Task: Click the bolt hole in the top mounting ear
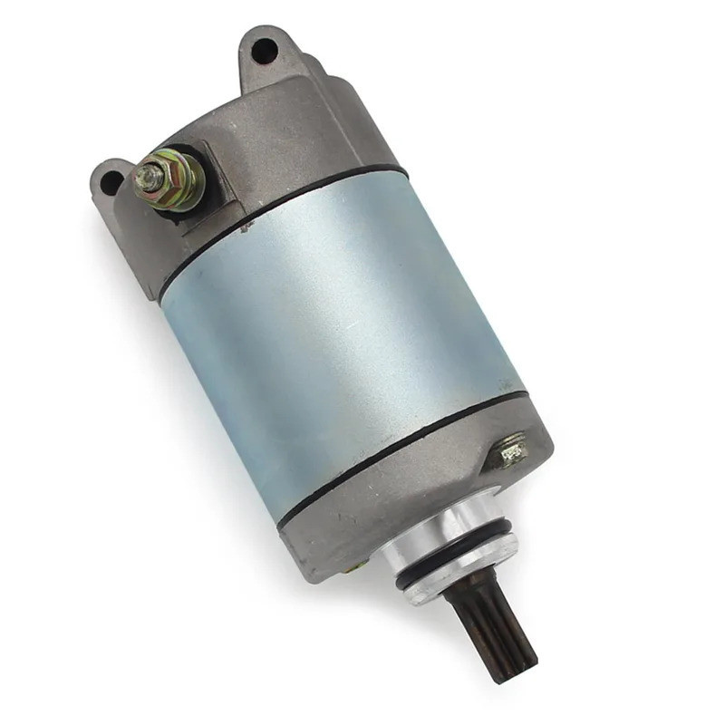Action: [x=263, y=51]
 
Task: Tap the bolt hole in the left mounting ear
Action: [x=111, y=183]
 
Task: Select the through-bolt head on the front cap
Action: [x=510, y=451]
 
